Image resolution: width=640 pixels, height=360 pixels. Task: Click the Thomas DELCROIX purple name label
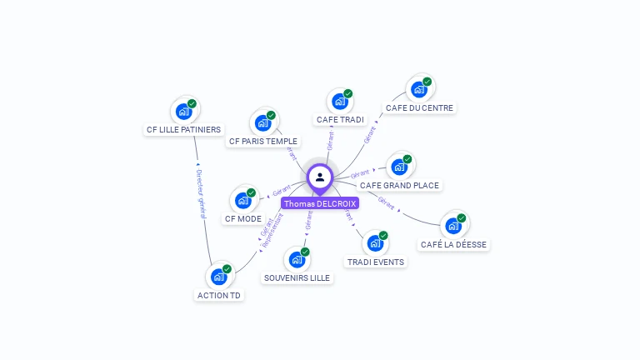click(x=320, y=203)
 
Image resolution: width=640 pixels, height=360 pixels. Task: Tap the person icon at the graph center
click(x=320, y=177)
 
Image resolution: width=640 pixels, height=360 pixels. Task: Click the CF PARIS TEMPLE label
click(x=262, y=142)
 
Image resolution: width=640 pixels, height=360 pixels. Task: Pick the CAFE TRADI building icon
click(x=339, y=102)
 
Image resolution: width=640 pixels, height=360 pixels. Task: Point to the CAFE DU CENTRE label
click(x=420, y=108)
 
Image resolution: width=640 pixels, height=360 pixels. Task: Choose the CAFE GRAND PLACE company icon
click(x=399, y=167)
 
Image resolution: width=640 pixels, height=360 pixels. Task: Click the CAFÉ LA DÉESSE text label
click(x=454, y=245)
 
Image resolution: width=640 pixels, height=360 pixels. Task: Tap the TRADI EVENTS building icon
click(x=375, y=243)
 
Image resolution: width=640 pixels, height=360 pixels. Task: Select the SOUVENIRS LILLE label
click(x=297, y=278)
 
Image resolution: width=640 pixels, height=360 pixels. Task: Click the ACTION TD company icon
click(x=218, y=277)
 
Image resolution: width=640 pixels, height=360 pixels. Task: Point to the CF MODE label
click(x=243, y=219)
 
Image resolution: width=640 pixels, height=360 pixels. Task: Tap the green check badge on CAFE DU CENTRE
click(x=427, y=82)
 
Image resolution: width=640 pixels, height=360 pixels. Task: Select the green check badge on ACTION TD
click(x=227, y=269)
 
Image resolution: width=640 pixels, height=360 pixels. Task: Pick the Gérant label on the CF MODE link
click(x=282, y=192)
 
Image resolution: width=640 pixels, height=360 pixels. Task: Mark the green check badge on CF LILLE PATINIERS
click(x=192, y=104)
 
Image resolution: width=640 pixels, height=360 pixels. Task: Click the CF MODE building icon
click(x=243, y=200)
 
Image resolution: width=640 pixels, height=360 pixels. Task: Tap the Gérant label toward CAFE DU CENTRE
click(x=370, y=134)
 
